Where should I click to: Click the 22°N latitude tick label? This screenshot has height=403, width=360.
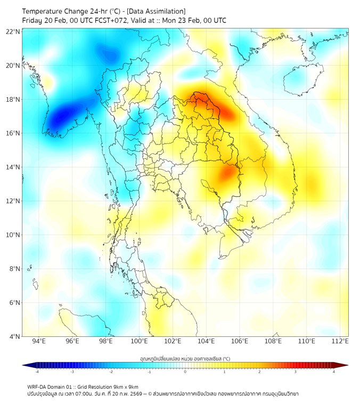click(13, 31)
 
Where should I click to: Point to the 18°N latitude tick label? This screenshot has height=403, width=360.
click(13, 100)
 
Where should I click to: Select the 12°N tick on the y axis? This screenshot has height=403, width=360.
click(13, 201)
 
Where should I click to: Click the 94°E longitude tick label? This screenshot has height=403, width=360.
click(39, 341)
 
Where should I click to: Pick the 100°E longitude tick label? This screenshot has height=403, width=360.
click(140, 341)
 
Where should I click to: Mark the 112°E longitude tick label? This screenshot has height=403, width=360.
click(341, 341)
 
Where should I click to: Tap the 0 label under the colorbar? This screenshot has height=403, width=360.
click(185, 372)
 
